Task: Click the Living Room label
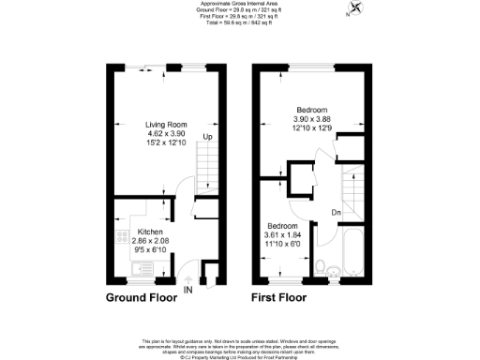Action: pyautogui.click(x=167, y=125)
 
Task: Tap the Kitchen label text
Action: pyautogui.click(x=151, y=231)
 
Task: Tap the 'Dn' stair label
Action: pyautogui.click(x=336, y=212)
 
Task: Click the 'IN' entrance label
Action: pyautogui.click(x=187, y=291)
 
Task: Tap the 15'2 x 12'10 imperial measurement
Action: pyautogui.click(x=167, y=142)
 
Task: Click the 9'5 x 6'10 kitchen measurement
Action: pyautogui.click(x=151, y=249)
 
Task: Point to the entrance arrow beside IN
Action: pyautogui.click(x=188, y=279)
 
